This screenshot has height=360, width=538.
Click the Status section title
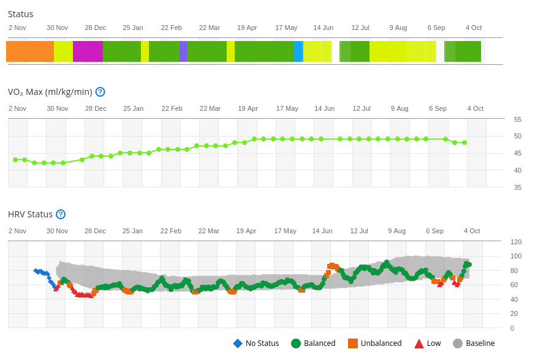click(x=21, y=14)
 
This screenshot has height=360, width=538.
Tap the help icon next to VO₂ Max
click(x=100, y=92)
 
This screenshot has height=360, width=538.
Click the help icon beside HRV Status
click(x=61, y=214)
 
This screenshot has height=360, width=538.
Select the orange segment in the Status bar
click(x=30, y=51)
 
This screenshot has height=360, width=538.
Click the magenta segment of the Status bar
click(x=88, y=51)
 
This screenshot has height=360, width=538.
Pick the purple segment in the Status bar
click(x=183, y=51)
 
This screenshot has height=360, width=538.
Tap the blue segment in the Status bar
click(x=298, y=51)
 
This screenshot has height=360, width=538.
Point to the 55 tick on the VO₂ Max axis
click(x=518, y=119)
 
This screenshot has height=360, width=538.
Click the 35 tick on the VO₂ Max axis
click(x=518, y=187)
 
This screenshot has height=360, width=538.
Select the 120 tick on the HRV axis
click(x=516, y=242)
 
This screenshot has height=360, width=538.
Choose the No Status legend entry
click(x=256, y=343)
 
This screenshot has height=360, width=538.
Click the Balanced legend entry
click(x=313, y=343)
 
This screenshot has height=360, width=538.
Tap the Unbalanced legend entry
click(x=374, y=343)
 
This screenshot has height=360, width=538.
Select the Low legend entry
click(x=427, y=343)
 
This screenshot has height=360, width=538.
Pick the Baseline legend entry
click(x=474, y=343)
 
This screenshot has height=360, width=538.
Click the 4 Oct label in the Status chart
click(x=474, y=28)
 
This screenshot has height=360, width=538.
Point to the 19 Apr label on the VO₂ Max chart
click(x=248, y=108)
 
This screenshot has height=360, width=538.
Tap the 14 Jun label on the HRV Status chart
click(x=322, y=231)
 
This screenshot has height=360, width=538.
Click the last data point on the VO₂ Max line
click(x=464, y=143)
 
